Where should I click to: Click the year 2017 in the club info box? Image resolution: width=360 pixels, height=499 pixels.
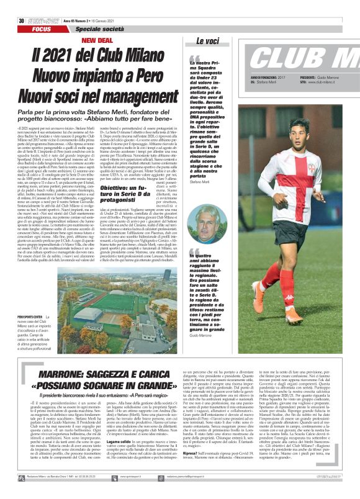pyautogui.click(x=284, y=77)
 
